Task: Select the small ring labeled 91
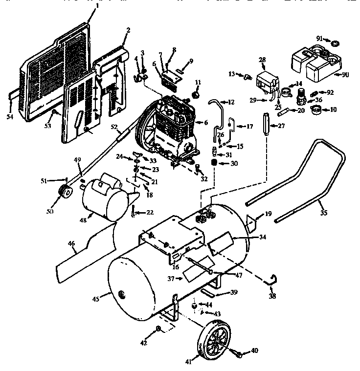click(334, 43)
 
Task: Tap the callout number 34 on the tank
click(263, 238)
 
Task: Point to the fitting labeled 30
click(214, 163)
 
